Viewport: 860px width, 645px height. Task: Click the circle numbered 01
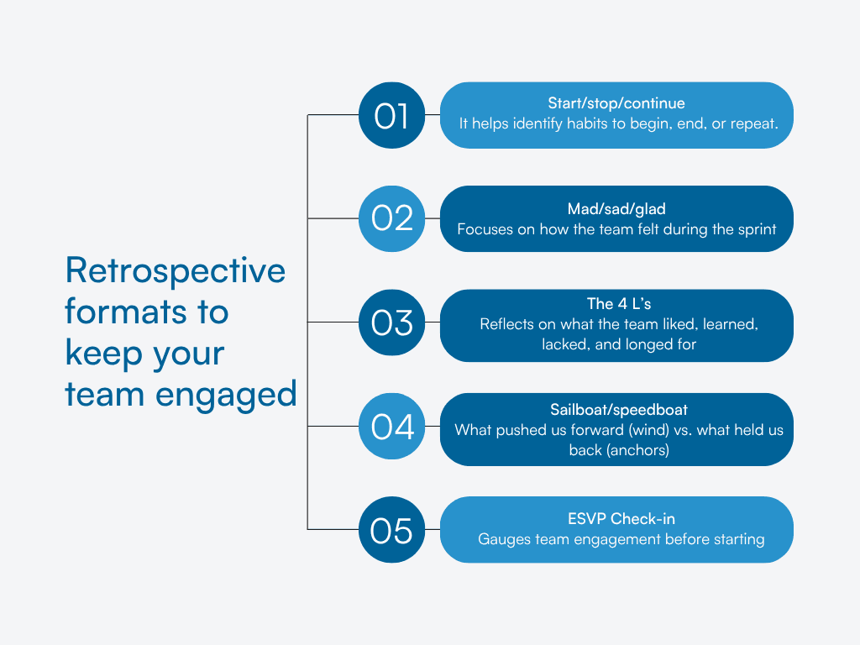392,115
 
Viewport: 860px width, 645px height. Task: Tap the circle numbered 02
392,218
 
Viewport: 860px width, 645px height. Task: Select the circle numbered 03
392,322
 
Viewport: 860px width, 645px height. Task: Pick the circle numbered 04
392,427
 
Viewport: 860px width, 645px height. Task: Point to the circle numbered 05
392,530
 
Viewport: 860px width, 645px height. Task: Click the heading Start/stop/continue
616,103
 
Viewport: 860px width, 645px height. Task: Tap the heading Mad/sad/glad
616,207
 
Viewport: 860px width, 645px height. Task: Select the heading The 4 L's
617,303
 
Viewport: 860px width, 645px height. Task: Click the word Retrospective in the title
175,271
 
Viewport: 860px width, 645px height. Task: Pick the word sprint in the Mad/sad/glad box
755,228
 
